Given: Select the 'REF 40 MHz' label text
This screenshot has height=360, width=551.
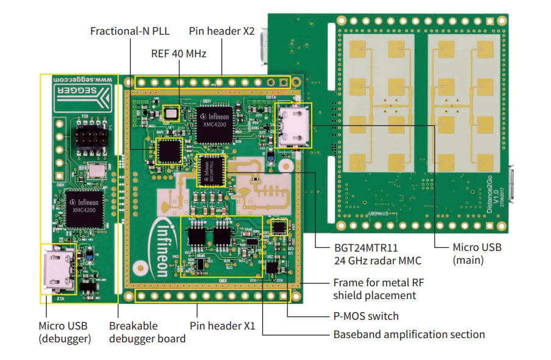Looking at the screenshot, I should point(178,54).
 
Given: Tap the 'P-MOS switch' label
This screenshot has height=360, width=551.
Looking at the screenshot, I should point(366,316).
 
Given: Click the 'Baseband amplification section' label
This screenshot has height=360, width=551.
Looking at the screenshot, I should point(409,334).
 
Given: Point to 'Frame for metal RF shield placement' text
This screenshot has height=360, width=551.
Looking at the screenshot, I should point(374,289).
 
